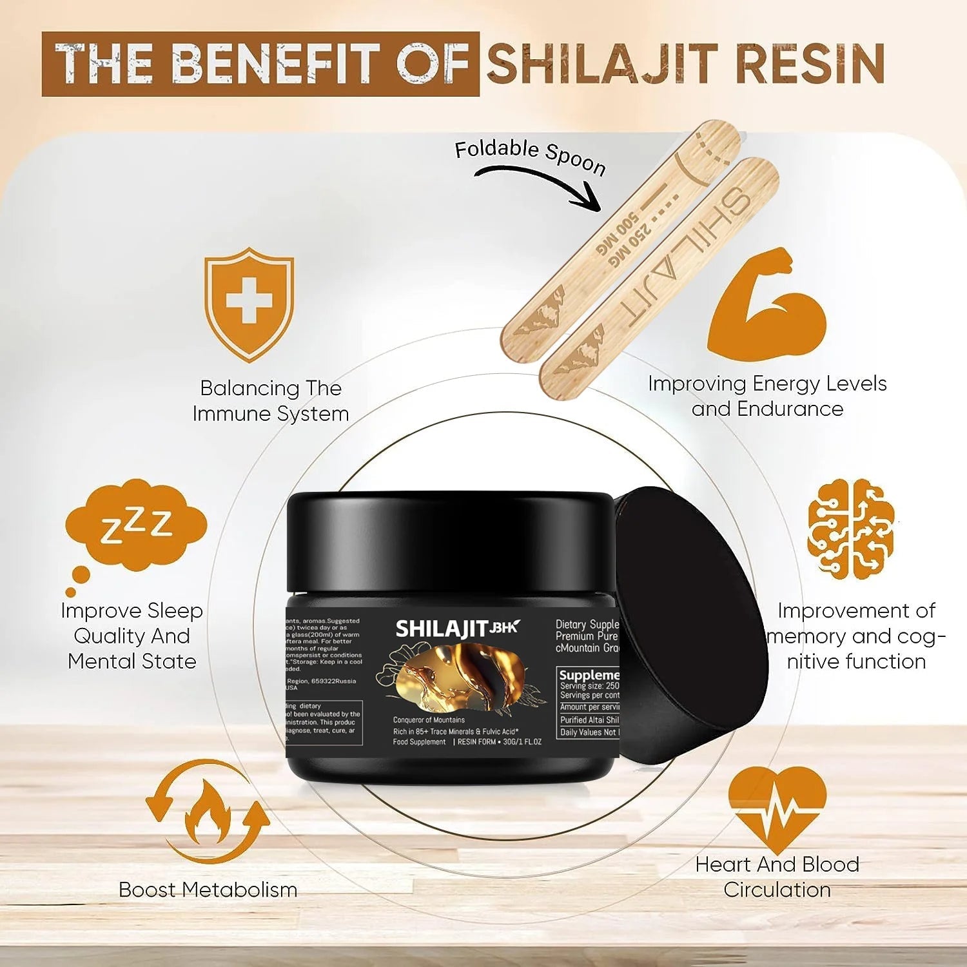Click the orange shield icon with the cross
(x=249, y=303)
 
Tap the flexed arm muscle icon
(x=767, y=306)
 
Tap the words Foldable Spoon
(x=530, y=156)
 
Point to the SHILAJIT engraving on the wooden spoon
(x=683, y=258)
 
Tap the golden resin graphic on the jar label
(x=461, y=677)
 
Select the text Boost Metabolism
(x=208, y=890)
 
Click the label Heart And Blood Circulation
(x=777, y=877)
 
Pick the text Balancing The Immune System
(x=271, y=400)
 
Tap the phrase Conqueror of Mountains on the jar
(x=429, y=719)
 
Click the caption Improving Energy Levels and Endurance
(x=767, y=396)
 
